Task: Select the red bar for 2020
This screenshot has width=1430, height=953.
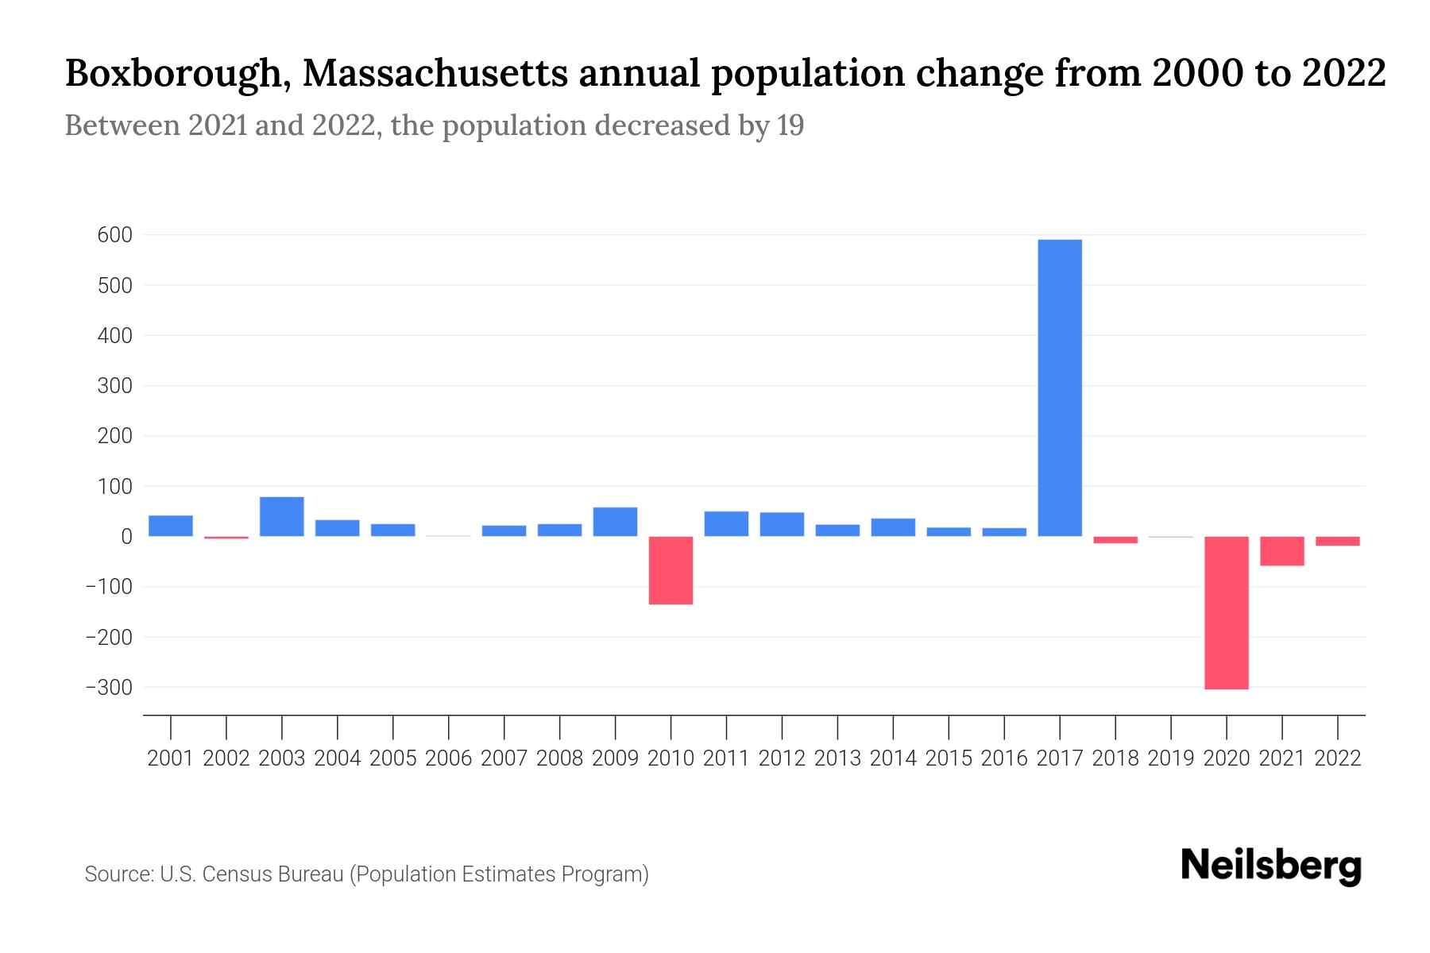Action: [x=1227, y=612]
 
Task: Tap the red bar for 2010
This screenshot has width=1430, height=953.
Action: [x=671, y=570]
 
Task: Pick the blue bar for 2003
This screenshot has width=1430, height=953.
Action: [x=282, y=516]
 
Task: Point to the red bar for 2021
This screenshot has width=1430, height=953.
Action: [x=1282, y=551]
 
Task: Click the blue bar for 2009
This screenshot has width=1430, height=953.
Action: [x=615, y=522]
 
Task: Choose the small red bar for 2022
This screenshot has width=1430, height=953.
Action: [x=1338, y=542]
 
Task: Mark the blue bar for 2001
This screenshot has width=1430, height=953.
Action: [x=171, y=526]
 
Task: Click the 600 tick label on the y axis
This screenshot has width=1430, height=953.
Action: [x=115, y=235]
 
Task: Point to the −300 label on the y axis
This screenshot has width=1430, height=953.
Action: [x=109, y=688]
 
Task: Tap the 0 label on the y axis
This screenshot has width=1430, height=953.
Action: [x=127, y=537]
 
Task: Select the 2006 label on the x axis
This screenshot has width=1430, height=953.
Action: [x=449, y=758]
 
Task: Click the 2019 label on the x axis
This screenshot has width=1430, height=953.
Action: [x=1171, y=758]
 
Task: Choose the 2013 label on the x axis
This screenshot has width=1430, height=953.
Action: [x=837, y=758]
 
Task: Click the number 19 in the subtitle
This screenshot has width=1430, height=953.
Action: [x=790, y=125]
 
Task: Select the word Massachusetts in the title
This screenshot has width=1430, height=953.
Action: [x=435, y=74]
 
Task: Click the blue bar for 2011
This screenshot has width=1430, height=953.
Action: [x=726, y=524]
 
